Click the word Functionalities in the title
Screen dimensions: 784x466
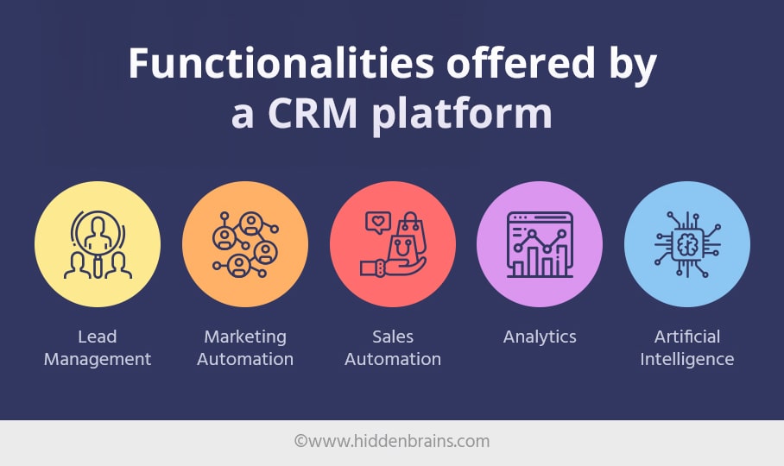click(x=281, y=64)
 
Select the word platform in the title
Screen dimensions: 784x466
click(x=462, y=115)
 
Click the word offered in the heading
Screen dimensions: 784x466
click(x=521, y=64)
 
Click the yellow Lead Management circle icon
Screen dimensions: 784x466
click(x=98, y=244)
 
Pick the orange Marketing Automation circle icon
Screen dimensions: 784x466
click(x=245, y=244)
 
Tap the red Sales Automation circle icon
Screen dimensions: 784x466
click(x=393, y=244)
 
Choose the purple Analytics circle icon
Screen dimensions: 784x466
click(x=540, y=244)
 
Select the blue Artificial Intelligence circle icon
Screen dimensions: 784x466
click(x=687, y=244)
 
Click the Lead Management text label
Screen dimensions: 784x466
click(x=98, y=348)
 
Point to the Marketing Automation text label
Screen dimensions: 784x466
click(x=245, y=348)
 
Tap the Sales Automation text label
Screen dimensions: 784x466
click(x=393, y=348)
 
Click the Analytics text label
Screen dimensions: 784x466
click(x=540, y=337)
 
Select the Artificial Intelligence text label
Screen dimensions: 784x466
click(x=687, y=348)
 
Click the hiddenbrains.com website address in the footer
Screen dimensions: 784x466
click(x=399, y=441)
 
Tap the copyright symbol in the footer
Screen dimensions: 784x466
click(x=300, y=440)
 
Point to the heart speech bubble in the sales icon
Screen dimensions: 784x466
click(x=378, y=223)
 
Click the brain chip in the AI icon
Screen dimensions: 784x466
click(x=687, y=245)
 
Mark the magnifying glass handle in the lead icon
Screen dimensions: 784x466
click(x=98, y=266)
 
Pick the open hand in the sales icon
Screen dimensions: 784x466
click(x=393, y=266)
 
